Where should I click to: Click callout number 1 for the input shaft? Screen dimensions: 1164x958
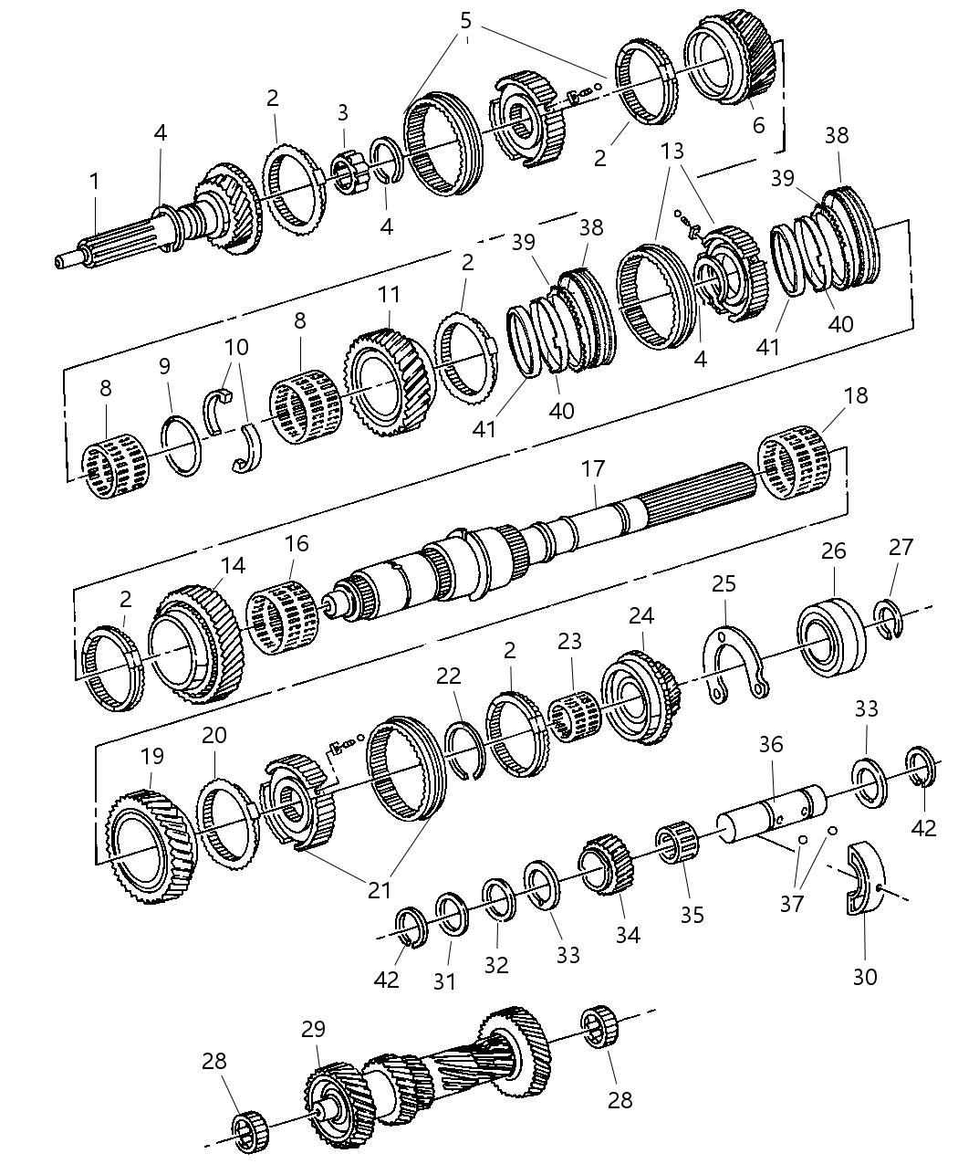(94, 183)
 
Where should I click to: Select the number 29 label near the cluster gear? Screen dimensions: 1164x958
(313, 1030)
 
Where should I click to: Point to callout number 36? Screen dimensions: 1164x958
(771, 745)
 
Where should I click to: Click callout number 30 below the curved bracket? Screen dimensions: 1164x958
(864, 976)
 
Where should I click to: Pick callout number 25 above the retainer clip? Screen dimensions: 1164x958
(724, 584)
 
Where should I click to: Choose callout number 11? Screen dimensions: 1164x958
(390, 295)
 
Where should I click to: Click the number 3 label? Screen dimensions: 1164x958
(342, 113)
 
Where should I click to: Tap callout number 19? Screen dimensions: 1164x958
(151, 756)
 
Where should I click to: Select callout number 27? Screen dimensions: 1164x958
(901, 548)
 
